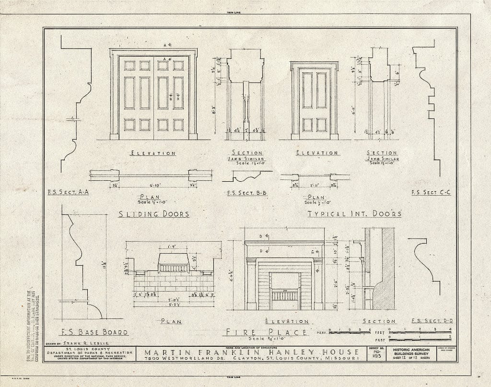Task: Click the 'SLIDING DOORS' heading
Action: click(153, 214)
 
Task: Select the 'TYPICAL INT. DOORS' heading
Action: click(354, 214)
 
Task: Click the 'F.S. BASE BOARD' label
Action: click(95, 332)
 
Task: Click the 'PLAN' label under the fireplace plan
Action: click(171, 321)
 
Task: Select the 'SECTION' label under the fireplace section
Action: click(379, 321)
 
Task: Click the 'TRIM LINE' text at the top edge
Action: click(245, 13)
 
